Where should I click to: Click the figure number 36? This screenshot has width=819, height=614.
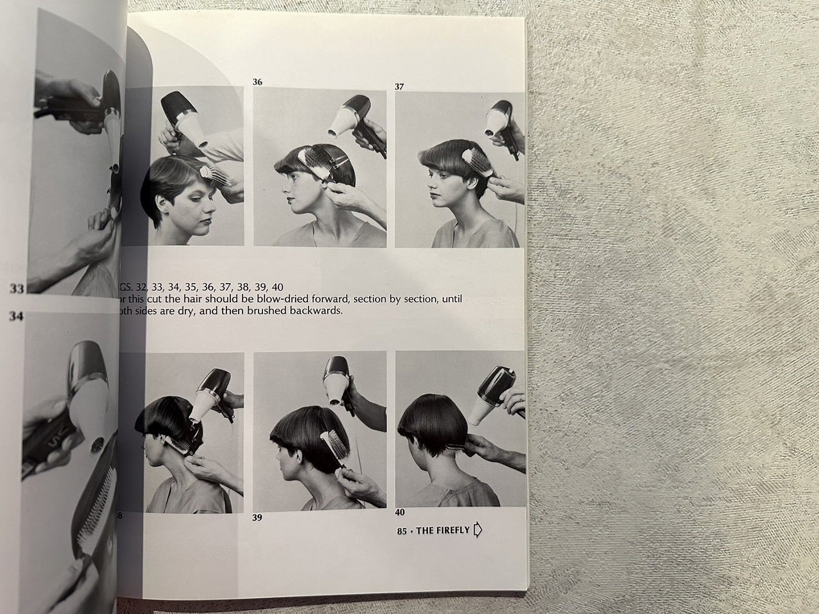pyautogui.click(x=257, y=82)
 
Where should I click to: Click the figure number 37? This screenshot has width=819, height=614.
pyautogui.click(x=399, y=86)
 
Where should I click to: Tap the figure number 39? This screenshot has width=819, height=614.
pyautogui.click(x=257, y=517)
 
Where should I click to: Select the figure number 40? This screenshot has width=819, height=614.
pyautogui.click(x=399, y=512)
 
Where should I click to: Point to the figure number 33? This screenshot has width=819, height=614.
pyautogui.click(x=17, y=289)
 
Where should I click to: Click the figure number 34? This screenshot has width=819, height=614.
pyautogui.click(x=17, y=316)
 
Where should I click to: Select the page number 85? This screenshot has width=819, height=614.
pyautogui.click(x=402, y=530)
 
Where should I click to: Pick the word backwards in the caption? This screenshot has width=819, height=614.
pyautogui.click(x=316, y=312)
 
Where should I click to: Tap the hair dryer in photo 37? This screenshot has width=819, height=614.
pyautogui.click(x=502, y=123)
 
